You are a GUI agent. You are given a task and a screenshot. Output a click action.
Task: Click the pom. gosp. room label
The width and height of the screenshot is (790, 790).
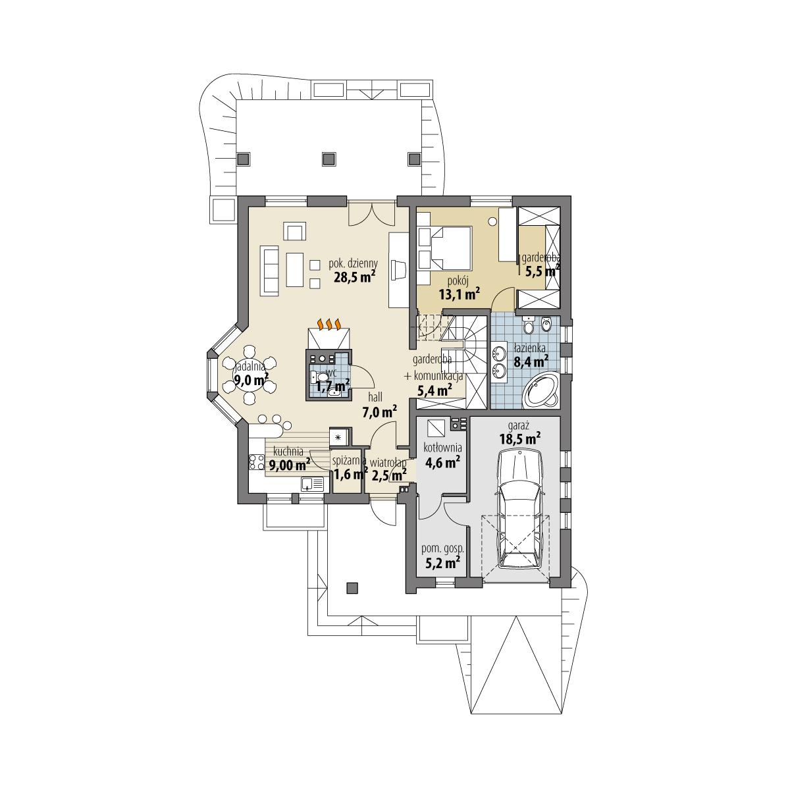(x=442, y=548)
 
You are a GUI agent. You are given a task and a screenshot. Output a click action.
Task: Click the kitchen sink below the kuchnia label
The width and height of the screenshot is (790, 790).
(x=311, y=485)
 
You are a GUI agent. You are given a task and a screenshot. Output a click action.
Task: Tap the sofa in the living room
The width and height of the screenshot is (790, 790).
(x=270, y=270)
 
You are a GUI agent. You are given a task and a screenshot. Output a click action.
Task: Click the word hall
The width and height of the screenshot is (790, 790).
(x=376, y=399)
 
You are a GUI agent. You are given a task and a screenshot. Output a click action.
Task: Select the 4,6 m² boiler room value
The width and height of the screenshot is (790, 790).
(x=442, y=462)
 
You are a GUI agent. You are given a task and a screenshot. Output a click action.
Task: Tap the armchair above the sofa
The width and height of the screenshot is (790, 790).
(x=295, y=232)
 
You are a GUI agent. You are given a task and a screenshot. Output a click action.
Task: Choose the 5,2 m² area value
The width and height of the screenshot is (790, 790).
(x=442, y=562)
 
